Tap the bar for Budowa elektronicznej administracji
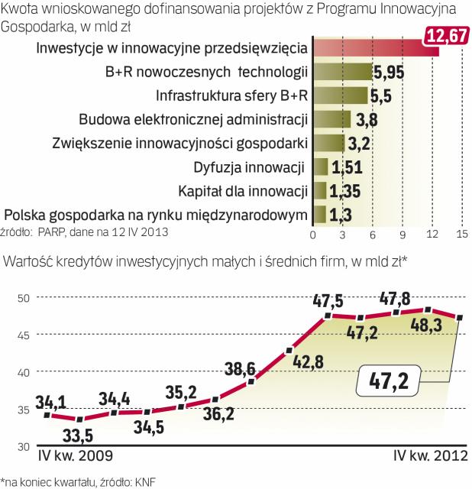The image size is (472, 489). pyautogui.click(x=331, y=119)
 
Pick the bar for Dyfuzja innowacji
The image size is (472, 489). pyautogui.click(x=320, y=167)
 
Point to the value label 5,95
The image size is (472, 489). pyautogui.click(x=390, y=74)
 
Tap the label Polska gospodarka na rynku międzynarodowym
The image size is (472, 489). pyautogui.click(x=157, y=214)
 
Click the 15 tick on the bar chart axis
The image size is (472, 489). pyautogui.click(x=461, y=234)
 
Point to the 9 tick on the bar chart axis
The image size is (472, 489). pyautogui.click(x=401, y=234)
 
